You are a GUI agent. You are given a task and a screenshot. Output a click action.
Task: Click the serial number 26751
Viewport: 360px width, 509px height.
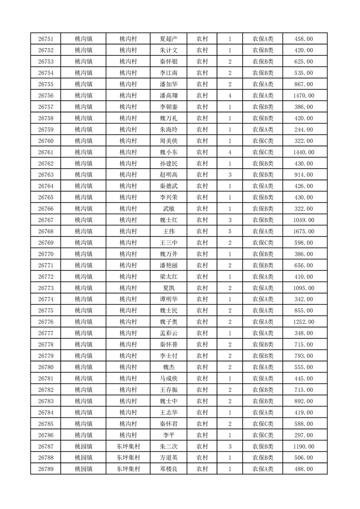tap(46, 39)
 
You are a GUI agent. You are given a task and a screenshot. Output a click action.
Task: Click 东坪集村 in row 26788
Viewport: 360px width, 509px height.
tap(128, 458)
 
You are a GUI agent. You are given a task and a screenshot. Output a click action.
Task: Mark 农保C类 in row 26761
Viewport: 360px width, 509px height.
tap(263, 152)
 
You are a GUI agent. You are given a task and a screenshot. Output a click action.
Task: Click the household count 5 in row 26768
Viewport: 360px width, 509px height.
tap(230, 231)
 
